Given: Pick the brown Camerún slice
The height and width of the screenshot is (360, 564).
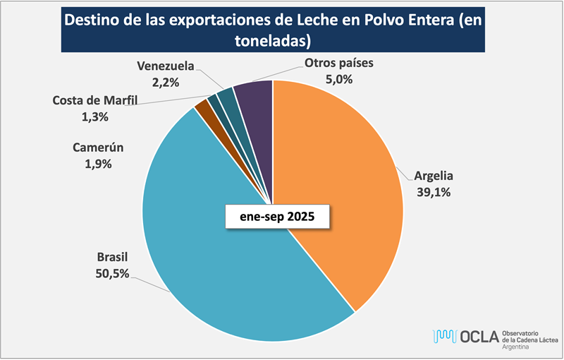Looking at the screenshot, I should point(204,107).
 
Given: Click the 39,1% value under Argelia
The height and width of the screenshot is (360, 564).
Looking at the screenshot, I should point(434,191).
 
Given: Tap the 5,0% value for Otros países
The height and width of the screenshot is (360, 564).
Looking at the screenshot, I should point(338,80).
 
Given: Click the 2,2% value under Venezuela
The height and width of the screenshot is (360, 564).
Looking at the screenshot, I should point(165,82).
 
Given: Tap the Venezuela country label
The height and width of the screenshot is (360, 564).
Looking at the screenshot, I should point(165,66).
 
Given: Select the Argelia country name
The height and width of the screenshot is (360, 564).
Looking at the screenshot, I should point(434,175).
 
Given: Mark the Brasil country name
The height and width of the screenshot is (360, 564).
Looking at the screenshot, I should point(112,257).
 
